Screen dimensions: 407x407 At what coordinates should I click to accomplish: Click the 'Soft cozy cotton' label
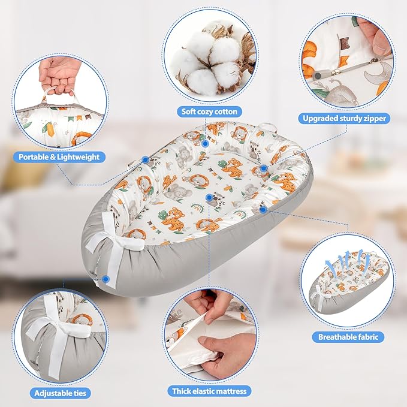(209, 111)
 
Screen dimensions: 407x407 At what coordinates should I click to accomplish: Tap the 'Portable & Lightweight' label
(59, 157)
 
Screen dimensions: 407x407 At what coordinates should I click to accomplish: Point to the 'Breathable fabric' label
(348, 337)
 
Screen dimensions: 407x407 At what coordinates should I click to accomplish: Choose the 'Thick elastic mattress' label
(209, 391)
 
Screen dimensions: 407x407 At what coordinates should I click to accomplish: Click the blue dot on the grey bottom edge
(105, 279)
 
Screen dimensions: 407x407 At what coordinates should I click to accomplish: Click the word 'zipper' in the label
(375, 119)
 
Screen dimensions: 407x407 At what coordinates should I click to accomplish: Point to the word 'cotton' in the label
(225, 111)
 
